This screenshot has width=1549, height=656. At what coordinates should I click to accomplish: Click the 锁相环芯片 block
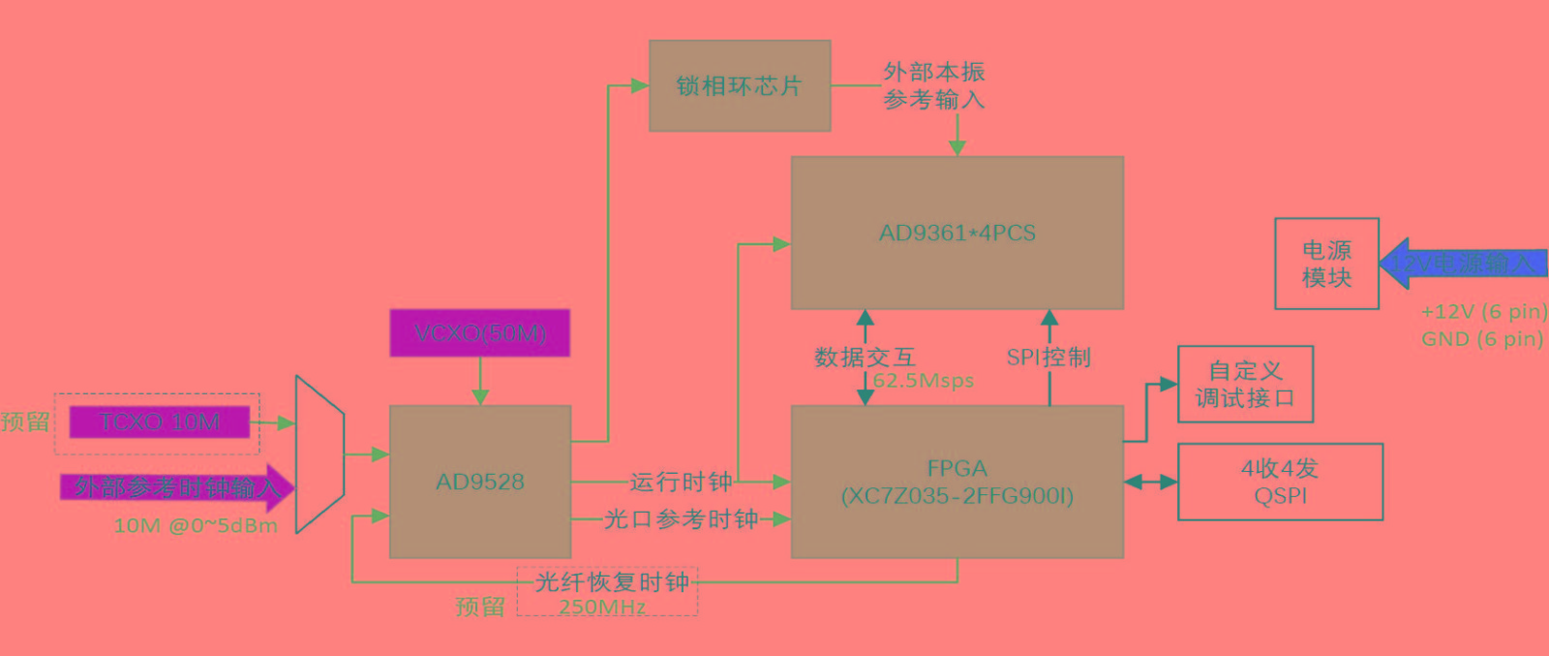tap(740, 85)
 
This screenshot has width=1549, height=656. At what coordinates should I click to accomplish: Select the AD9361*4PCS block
tap(957, 233)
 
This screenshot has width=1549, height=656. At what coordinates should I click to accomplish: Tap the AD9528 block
tap(479, 482)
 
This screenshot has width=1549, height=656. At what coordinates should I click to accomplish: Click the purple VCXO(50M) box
tap(479, 332)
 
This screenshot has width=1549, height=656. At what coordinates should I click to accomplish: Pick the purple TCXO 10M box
tap(160, 422)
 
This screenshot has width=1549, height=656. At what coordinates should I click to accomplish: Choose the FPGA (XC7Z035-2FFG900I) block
tap(957, 482)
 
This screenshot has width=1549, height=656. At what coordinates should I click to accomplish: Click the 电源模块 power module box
tap(1326, 264)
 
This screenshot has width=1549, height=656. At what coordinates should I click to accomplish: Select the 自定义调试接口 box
tap(1245, 384)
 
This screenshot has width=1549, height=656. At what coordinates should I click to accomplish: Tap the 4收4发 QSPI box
tap(1280, 482)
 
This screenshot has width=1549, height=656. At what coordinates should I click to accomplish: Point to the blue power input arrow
tap(1462, 264)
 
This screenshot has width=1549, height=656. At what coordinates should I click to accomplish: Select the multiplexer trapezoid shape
tap(319, 453)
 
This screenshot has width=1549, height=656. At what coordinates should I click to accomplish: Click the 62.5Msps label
tap(924, 381)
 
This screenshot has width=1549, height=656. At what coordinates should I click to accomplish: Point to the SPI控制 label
tap(1048, 358)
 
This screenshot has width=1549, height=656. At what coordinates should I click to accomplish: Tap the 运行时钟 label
tap(681, 482)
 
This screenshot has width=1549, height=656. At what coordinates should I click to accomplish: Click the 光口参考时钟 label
tap(681, 519)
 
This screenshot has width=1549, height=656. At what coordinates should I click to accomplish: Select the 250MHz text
tap(602, 608)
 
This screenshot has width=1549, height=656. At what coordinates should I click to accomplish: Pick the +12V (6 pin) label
tap(1483, 312)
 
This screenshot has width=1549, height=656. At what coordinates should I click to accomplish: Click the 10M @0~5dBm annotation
tap(196, 526)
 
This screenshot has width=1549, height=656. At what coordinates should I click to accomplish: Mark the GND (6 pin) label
tap(1481, 339)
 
